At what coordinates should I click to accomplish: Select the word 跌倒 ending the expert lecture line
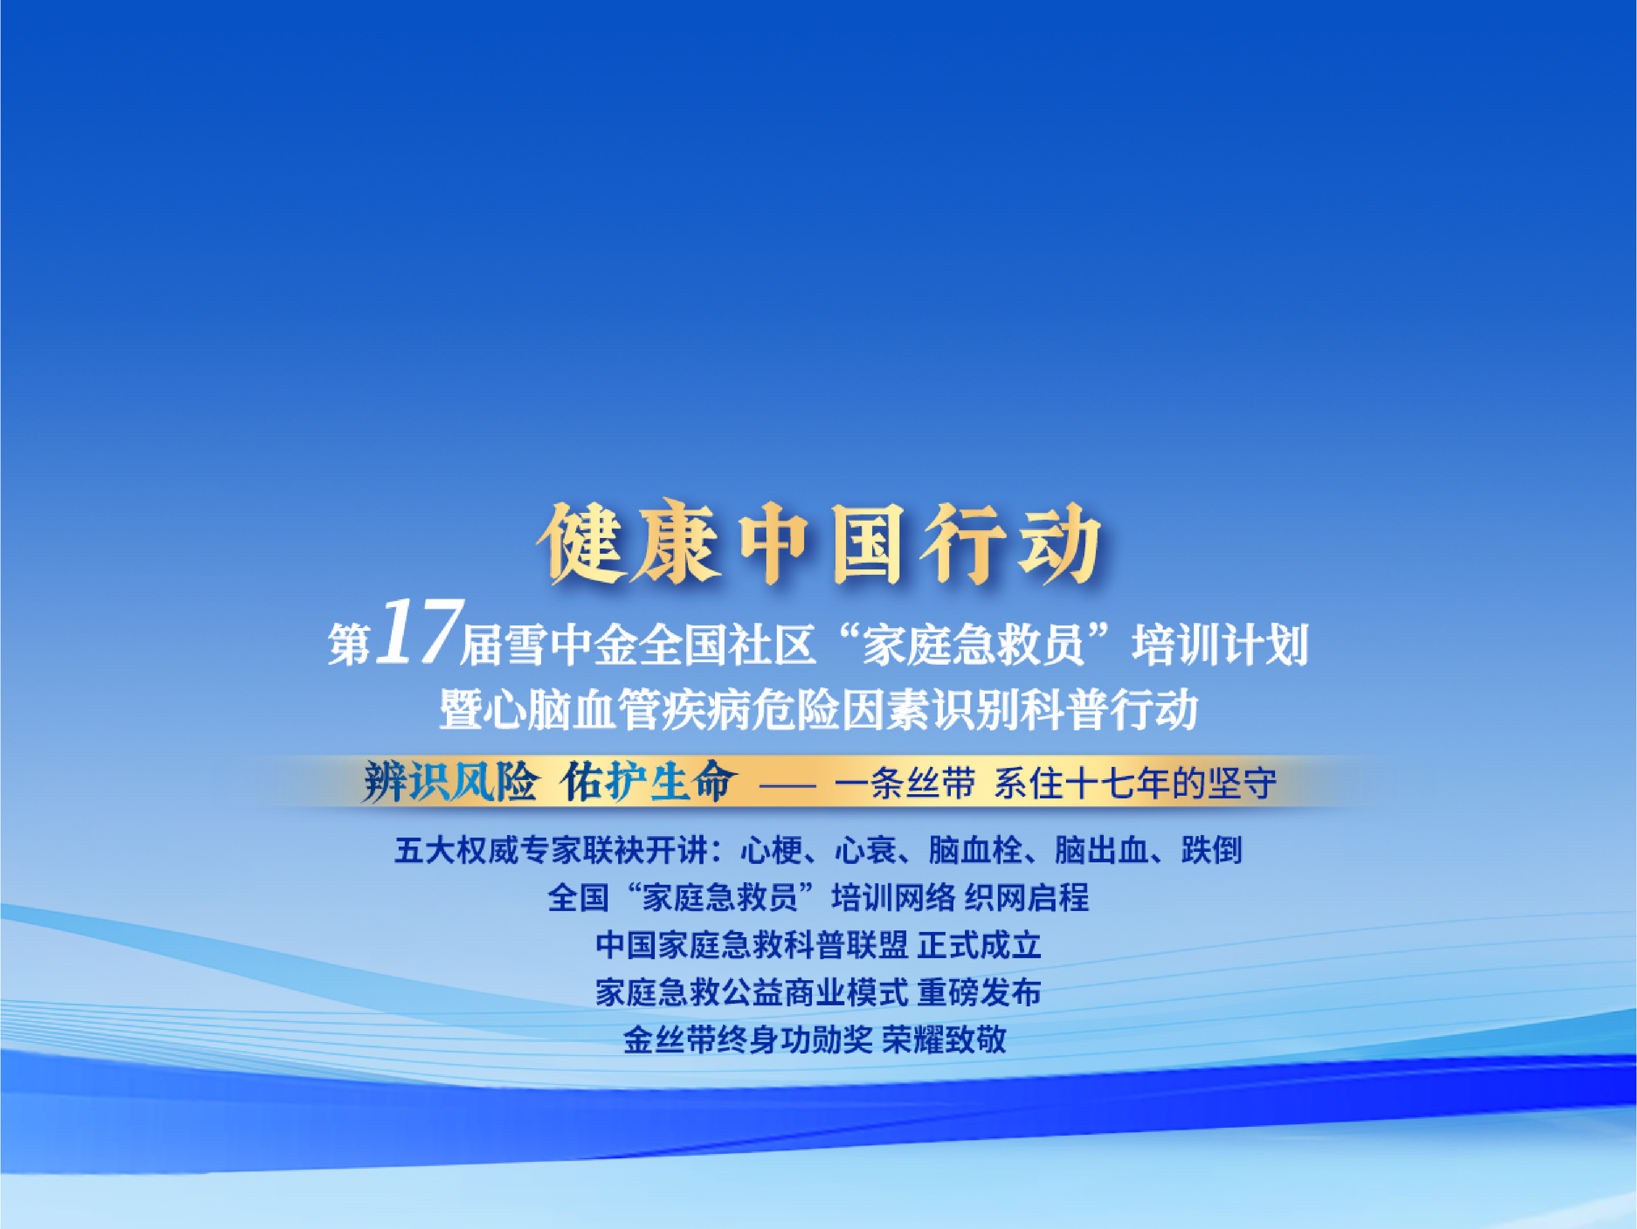[x=1212, y=850]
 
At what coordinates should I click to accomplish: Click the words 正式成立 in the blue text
[x=979, y=946]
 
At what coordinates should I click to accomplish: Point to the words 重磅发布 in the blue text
[x=979, y=993]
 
